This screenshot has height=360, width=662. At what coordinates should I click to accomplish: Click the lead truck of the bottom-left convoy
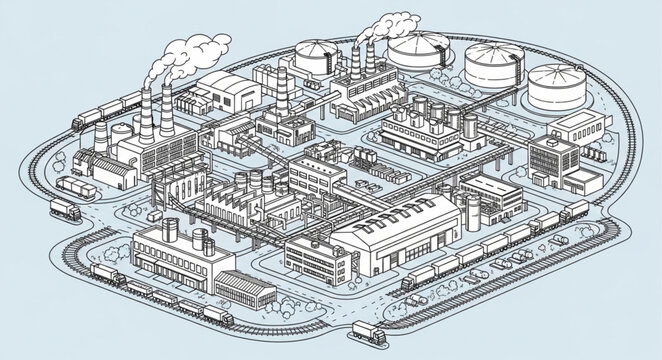[218, 317]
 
